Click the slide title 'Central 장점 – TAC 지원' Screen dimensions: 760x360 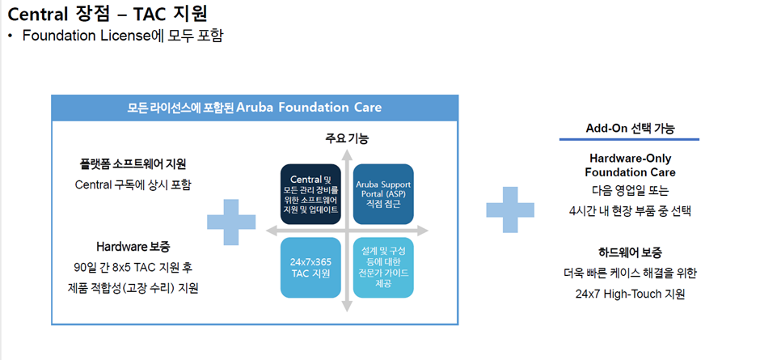tap(108, 15)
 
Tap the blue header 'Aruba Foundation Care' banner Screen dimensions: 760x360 tap(255, 108)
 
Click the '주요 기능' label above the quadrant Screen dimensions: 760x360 tap(347, 139)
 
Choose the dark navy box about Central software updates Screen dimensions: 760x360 tap(310, 194)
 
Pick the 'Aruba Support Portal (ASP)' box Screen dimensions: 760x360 tap(383, 194)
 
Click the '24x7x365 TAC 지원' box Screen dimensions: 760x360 tap(310, 267)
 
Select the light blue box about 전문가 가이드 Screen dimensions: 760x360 tap(383, 267)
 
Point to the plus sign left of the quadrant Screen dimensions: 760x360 tap(231, 222)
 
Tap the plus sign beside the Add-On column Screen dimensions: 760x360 tap(510, 210)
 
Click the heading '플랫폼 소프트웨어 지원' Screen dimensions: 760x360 tap(133, 164)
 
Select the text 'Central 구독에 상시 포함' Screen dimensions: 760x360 tap(133, 184)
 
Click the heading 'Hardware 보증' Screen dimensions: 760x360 tap(133, 247)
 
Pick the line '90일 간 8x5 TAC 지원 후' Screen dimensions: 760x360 tap(133, 267)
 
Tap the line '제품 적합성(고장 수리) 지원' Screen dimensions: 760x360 tap(133, 288)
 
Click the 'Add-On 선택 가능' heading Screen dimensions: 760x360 tap(630, 129)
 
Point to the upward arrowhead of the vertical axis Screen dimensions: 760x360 tap(347, 155)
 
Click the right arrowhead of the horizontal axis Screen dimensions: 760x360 tap(422, 231)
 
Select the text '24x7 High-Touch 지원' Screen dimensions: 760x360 tap(630, 294)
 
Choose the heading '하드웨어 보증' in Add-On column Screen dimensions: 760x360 tap(630, 252)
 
